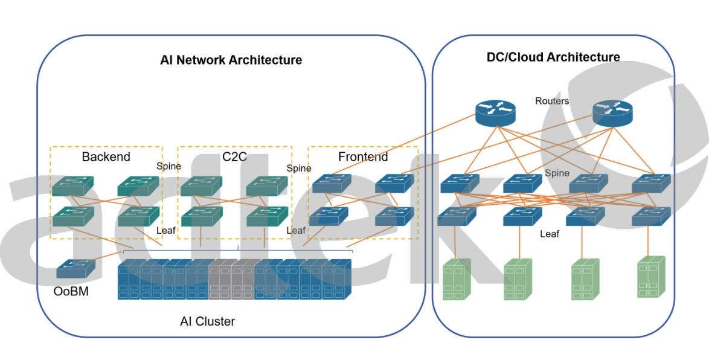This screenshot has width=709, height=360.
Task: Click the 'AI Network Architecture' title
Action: [x=231, y=60]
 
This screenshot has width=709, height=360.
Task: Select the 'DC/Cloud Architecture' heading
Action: [x=553, y=57]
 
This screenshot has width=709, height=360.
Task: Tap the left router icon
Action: [x=495, y=112]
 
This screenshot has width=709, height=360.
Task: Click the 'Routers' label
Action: [x=552, y=101]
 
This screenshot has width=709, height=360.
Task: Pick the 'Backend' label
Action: [x=106, y=157]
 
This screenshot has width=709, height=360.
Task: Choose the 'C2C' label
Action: [x=234, y=157]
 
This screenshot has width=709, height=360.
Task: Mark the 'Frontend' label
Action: [x=363, y=157]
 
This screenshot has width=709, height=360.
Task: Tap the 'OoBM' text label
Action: [x=71, y=292]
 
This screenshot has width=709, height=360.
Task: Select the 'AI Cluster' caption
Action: [x=207, y=321]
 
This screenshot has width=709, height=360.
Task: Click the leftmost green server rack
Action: [x=457, y=279]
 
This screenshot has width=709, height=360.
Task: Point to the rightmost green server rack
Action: [x=652, y=276]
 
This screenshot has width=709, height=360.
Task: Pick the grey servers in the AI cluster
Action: [x=231, y=279]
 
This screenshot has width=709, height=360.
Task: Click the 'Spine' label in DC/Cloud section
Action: [x=557, y=173]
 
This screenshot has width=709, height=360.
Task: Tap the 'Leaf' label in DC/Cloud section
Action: [x=550, y=234]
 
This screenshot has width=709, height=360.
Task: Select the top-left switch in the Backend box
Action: [x=72, y=186]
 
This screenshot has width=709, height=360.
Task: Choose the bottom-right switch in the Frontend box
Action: [x=394, y=216]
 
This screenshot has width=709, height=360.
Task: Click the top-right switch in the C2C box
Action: [x=266, y=186]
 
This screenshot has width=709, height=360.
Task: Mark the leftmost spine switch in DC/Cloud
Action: [x=460, y=184]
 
